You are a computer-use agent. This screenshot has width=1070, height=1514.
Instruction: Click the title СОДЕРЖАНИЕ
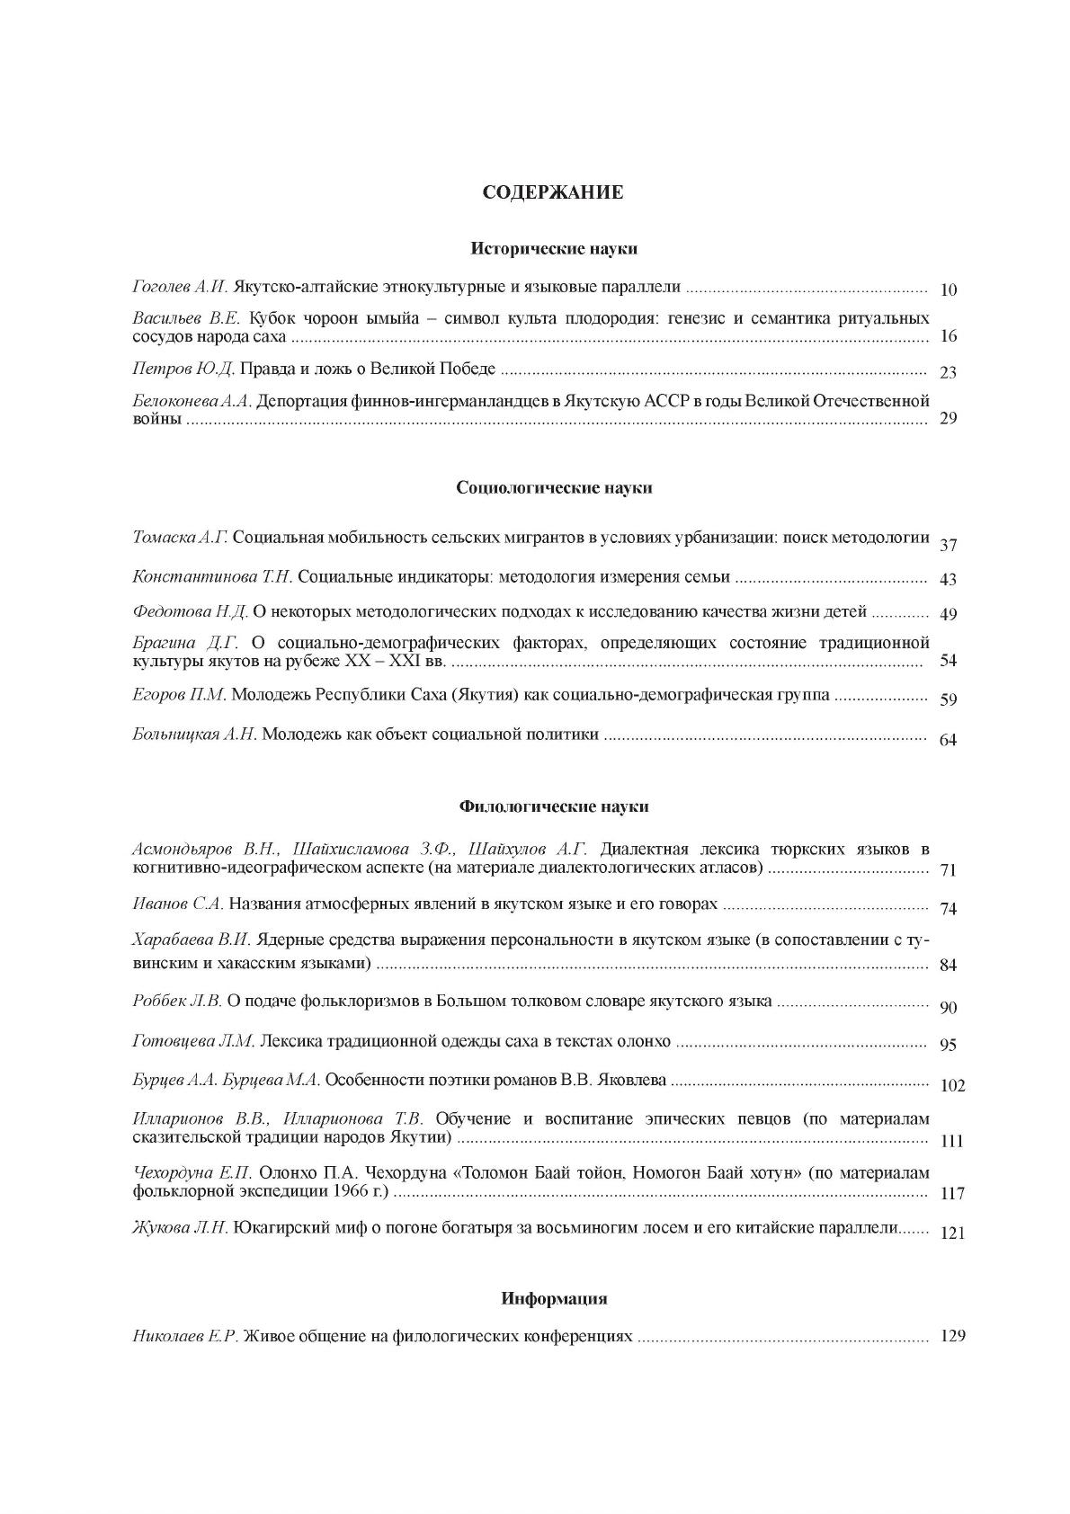[553, 191]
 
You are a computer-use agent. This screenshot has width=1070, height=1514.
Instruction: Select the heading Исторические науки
[554, 249]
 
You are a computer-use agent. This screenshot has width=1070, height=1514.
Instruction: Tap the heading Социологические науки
[554, 488]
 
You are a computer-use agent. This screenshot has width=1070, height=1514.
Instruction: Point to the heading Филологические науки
[554, 806]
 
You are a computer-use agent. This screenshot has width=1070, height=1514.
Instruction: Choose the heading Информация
[554, 1298]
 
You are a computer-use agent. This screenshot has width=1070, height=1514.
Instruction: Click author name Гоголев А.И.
[181, 288]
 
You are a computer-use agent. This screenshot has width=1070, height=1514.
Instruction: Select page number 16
[948, 336]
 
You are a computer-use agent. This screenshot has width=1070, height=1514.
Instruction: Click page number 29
[948, 418]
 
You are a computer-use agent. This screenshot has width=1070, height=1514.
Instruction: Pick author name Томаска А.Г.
[181, 538]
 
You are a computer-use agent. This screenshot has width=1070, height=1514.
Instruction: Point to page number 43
[948, 580]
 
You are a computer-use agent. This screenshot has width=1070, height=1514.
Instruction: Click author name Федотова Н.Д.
[190, 612]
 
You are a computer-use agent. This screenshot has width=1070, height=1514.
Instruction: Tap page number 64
[948, 740]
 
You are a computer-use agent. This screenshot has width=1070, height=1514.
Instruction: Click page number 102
[951, 1085]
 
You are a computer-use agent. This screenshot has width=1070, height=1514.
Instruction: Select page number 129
[951, 1336]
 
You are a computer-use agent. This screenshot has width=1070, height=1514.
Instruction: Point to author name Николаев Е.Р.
[185, 1336]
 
